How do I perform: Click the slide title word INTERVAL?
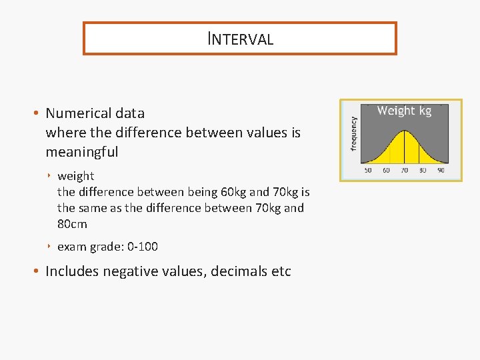click(x=240, y=39)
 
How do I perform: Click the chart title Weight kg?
click(x=404, y=111)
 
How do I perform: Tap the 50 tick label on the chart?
click(x=368, y=171)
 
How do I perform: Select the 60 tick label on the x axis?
click(x=386, y=171)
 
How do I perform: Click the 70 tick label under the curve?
click(x=404, y=171)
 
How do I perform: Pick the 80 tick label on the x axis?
click(x=423, y=171)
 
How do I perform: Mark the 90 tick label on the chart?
click(x=441, y=171)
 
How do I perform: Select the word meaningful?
click(x=81, y=152)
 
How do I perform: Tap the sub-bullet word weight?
click(x=75, y=176)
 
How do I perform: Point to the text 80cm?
click(x=72, y=224)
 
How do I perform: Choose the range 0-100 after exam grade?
click(x=142, y=247)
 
